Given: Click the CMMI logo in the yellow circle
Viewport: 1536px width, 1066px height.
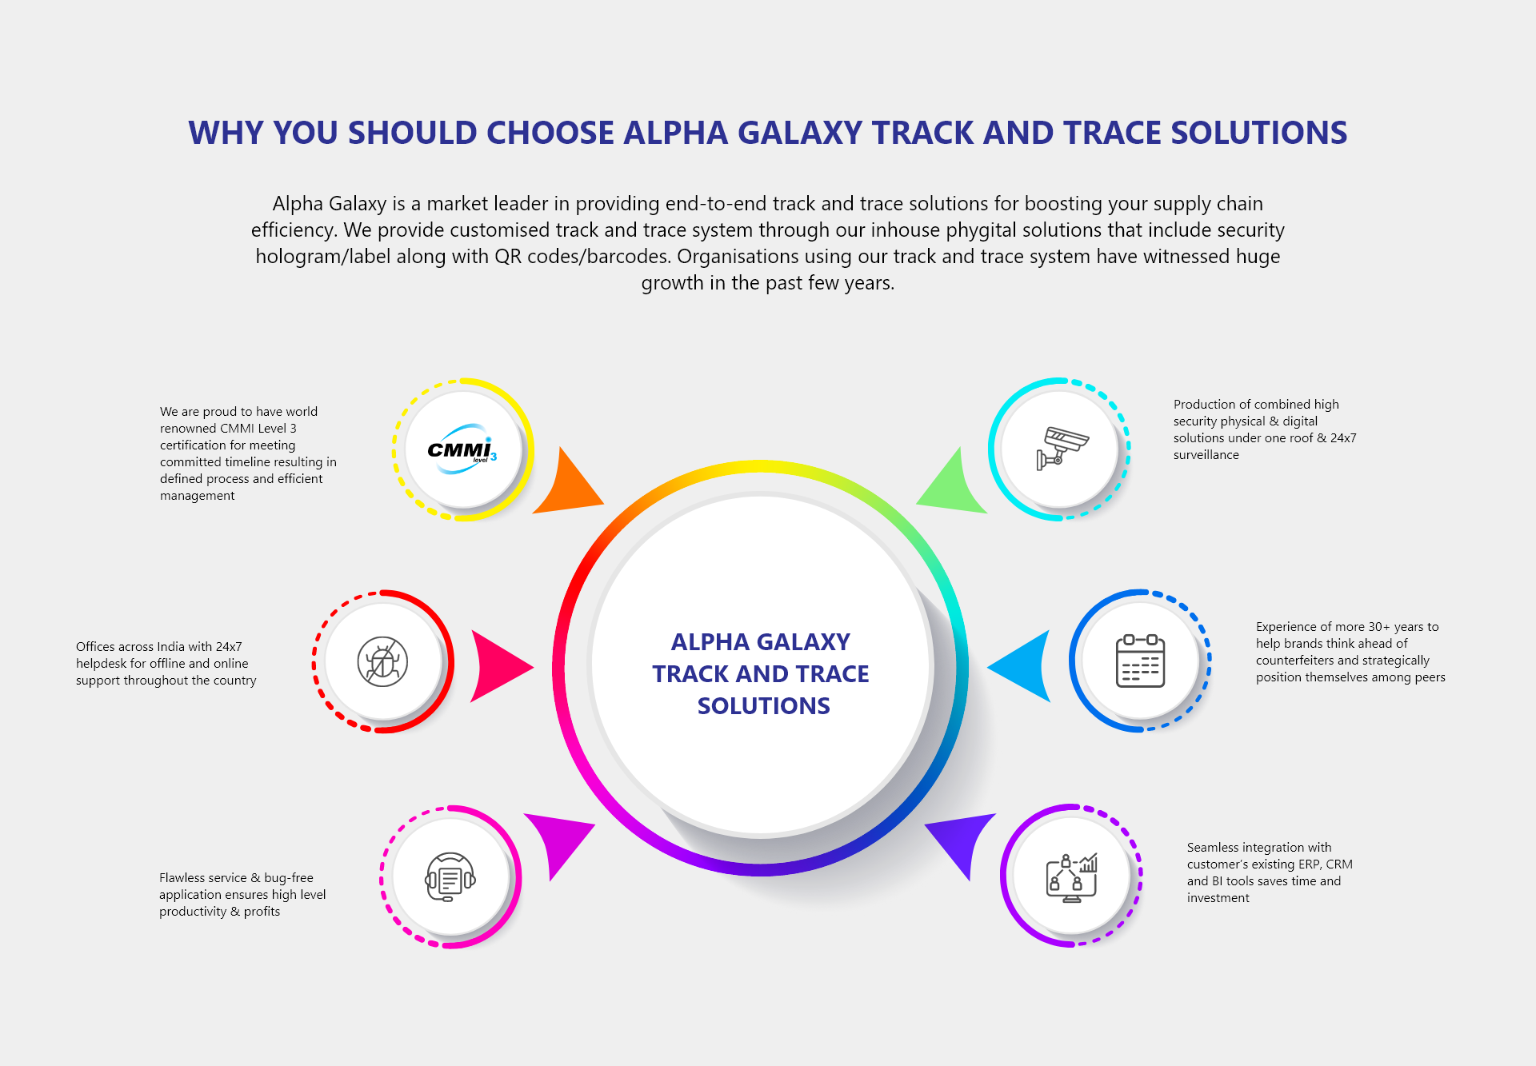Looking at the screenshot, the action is coord(462,449).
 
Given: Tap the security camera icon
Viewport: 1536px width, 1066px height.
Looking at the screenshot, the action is coord(1062,448).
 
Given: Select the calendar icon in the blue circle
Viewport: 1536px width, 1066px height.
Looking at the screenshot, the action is coord(1140,661).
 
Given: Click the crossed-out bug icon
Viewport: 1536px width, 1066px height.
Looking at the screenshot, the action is coord(382,661).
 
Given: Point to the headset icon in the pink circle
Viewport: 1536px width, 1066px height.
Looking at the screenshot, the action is coord(450,876).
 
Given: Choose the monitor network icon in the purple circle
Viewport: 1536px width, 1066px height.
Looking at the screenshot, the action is coord(1072,877).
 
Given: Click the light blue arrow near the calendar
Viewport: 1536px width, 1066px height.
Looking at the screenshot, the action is coord(1020,666).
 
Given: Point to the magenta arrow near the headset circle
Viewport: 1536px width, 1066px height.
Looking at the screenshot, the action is coord(562,844).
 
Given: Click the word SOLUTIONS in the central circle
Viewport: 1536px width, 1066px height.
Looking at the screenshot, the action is coord(763,706).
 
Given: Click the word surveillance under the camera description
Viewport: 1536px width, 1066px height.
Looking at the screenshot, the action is coord(1206,455).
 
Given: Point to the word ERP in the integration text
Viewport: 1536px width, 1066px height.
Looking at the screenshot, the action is coord(1309,864).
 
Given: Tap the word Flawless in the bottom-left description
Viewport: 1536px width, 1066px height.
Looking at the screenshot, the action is coord(182,878).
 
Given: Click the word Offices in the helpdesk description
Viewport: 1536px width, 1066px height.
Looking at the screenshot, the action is coord(95,647).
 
